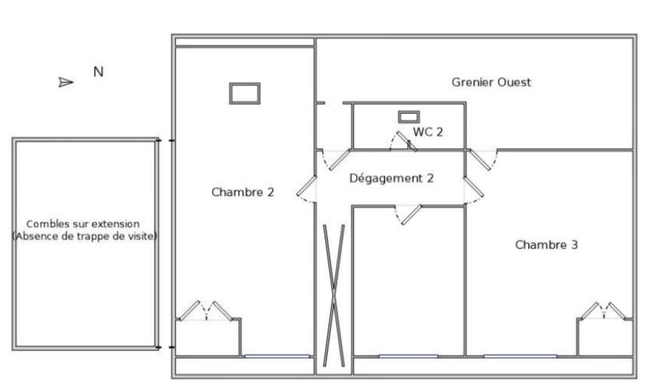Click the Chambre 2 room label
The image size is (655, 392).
[242, 193]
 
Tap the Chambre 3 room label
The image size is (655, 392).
[546, 245]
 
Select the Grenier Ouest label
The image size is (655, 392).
[491, 82]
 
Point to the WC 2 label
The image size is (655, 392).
[428, 132]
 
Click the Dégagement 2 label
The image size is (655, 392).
[392, 178]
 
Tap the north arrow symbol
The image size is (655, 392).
[66, 82]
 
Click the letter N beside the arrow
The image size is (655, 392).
[98, 72]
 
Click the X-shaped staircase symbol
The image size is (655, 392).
[334, 296]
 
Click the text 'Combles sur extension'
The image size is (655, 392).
[83, 224]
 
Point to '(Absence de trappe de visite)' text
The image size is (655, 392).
[85, 236]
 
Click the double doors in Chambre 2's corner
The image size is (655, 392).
[206, 311]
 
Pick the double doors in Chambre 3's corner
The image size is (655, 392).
[604, 311]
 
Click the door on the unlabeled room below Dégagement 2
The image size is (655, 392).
[408, 215]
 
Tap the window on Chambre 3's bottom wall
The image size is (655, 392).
[520, 357]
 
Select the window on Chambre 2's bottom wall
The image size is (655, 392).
[276, 357]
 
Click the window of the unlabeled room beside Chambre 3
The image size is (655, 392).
[408, 357]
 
